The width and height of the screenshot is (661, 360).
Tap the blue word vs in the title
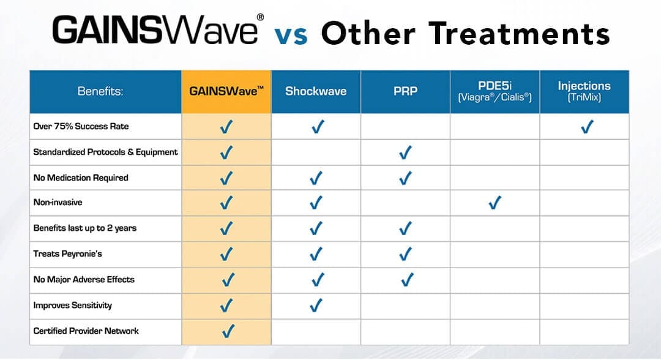pyautogui.click(x=291, y=35)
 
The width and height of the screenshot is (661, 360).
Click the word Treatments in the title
pyautogui.click(x=520, y=33)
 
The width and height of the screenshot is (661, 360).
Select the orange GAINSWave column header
pyautogui.click(x=226, y=91)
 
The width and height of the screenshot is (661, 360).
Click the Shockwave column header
pyautogui.click(x=316, y=91)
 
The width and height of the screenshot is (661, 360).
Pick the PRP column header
pyautogui.click(x=406, y=91)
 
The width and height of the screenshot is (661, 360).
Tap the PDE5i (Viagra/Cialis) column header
pyautogui.click(x=495, y=91)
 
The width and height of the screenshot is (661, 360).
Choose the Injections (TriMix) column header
pyautogui.click(x=584, y=91)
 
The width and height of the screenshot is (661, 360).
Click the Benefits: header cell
pyautogui.click(x=100, y=91)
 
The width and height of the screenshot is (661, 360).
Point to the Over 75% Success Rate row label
pyautogui.click(x=81, y=127)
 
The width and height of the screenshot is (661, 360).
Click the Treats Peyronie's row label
pyautogui.click(x=67, y=253)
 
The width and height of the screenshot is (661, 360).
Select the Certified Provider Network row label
pyautogui.click(x=86, y=331)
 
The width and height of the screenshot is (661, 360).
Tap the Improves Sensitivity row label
pyautogui.click(x=72, y=305)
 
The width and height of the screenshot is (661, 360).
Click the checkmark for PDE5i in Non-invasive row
pyautogui.click(x=495, y=203)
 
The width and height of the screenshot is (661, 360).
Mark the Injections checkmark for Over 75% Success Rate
pyautogui.click(x=587, y=127)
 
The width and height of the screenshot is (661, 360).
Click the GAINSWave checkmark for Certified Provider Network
pyautogui.click(x=228, y=331)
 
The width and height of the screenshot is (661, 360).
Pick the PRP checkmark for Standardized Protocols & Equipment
pyautogui.click(x=406, y=152)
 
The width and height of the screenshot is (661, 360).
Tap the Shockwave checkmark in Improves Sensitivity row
pyautogui.click(x=316, y=305)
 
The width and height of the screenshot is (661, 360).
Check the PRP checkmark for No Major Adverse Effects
pyautogui.click(x=407, y=279)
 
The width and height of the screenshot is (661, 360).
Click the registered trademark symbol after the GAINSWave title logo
pyautogui.click(x=261, y=17)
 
